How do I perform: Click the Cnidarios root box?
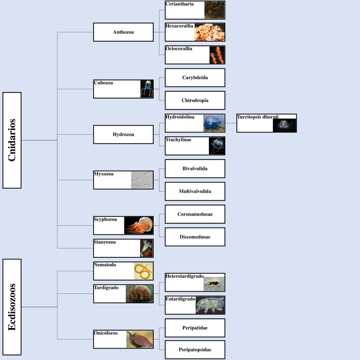click(12, 140)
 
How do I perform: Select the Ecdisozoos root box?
click(12, 307)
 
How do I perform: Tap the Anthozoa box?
click(123, 32)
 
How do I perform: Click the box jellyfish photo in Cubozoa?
click(147, 89)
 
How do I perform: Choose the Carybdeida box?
click(195, 78)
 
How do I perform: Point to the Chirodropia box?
click(195, 100)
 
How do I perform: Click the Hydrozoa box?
click(123, 135)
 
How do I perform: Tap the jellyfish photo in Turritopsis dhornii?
click(284, 125)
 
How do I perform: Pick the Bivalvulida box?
click(195, 169)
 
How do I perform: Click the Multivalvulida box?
click(195, 191)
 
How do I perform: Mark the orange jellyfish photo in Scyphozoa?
click(138, 225)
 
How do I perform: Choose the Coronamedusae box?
click(195, 214)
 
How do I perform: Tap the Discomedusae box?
click(195, 237)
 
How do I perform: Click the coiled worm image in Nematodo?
click(143, 271)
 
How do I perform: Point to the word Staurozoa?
click(105, 242)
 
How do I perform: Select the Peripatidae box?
click(195, 328)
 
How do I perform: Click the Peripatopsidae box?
click(195, 350)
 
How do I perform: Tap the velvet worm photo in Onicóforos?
click(140, 340)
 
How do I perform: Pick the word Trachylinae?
click(178, 140)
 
